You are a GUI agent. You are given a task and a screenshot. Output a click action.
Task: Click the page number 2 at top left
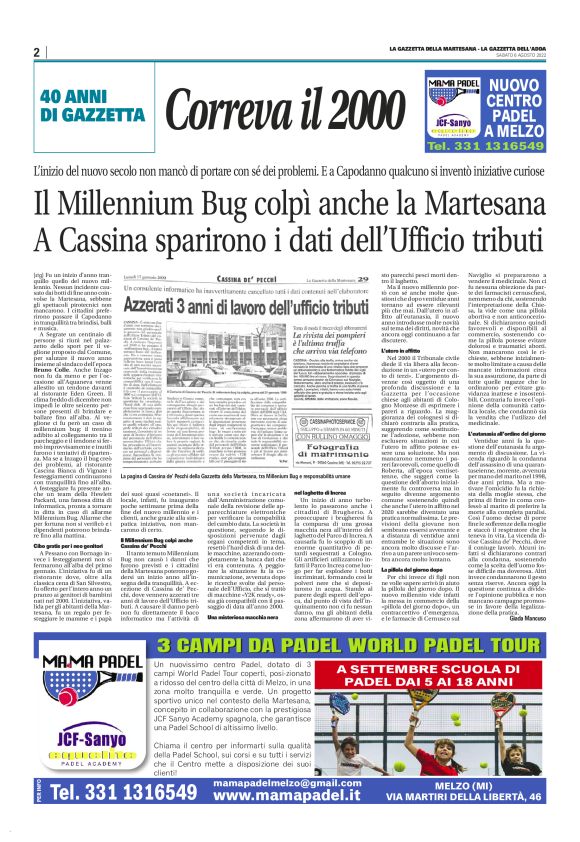coord(36,53)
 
